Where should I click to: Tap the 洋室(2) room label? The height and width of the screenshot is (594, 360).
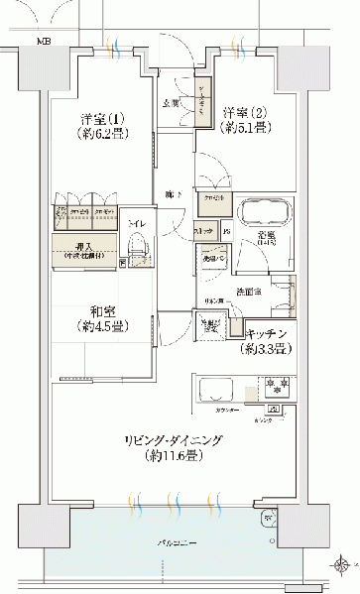[242, 112]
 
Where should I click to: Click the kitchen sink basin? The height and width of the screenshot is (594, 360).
[215, 389]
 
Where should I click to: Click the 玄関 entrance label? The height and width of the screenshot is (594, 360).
[171, 102]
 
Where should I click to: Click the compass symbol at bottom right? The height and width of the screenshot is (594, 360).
[342, 567]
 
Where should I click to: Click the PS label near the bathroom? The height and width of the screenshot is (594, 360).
[227, 233]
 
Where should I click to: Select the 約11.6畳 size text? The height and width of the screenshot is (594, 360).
[185, 456]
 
